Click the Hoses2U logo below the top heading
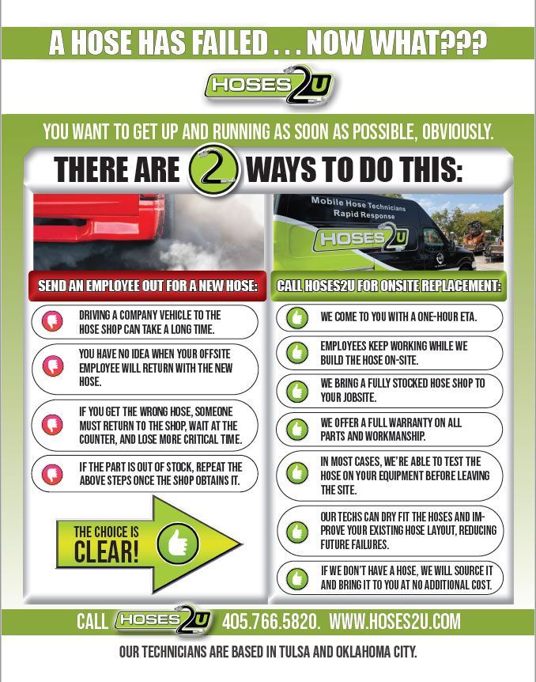269,85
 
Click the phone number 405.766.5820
271,622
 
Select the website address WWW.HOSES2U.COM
394,622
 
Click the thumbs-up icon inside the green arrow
178,543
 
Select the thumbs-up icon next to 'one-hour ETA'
297,317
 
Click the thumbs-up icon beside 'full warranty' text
297,429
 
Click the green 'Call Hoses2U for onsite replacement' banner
390,286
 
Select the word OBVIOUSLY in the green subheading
449,132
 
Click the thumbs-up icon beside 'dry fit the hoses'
297,529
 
